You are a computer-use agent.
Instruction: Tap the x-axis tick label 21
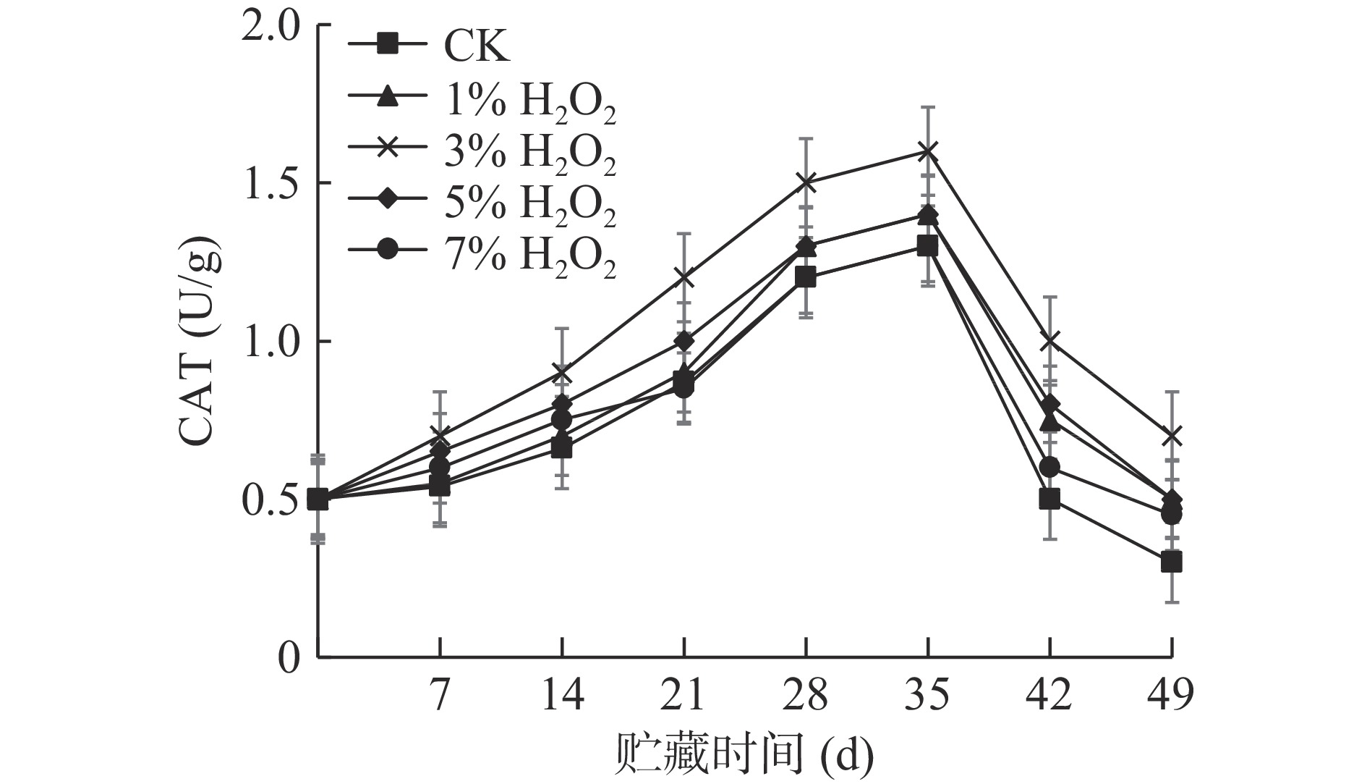(683, 696)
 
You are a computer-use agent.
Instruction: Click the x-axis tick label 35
(928, 696)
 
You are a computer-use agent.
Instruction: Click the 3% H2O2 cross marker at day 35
(928, 151)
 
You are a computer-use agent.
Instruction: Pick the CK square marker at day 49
(1172, 562)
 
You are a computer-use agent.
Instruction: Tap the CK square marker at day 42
(1049, 499)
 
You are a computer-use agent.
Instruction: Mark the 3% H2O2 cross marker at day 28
(806, 182)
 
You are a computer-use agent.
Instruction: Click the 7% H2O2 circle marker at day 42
(1049, 468)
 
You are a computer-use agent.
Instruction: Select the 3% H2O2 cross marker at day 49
(1172, 436)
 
